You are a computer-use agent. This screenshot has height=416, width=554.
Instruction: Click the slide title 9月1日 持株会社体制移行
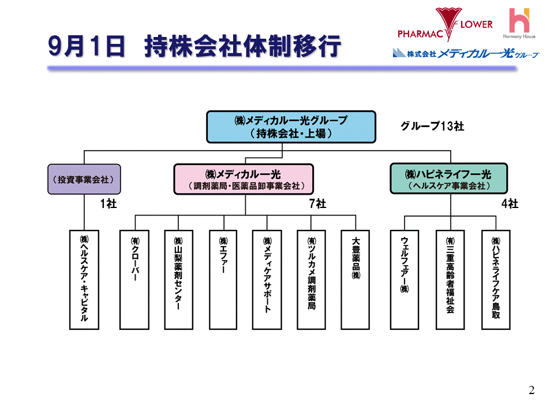(194, 47)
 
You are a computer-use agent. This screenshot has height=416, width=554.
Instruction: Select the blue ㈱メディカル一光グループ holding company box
(291, 127)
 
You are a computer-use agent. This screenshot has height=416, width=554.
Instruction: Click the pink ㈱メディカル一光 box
(243, 179)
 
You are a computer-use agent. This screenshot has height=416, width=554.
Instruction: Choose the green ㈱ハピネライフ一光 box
(448, 179)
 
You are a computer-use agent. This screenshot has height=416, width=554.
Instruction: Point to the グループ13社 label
(432, 127)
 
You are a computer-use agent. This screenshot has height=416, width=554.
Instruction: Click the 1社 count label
(108, 203)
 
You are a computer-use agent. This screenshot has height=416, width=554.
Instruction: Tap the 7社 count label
(318, 203)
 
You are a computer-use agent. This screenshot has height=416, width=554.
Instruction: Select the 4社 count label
(510, 203)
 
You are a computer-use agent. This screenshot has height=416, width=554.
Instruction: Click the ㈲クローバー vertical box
(134, 280)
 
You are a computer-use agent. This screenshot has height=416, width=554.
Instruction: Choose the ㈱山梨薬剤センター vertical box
(178, 280)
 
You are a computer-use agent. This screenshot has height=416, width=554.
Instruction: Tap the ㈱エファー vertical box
(223, 280)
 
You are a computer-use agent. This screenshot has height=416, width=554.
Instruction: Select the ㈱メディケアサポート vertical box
(267, 280)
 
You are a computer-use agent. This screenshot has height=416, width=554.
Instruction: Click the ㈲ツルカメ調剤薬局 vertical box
(312, 280)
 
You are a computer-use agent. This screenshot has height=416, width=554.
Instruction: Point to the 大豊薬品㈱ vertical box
(355, 280)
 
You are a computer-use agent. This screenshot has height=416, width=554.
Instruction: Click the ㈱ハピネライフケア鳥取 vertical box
(496, 280)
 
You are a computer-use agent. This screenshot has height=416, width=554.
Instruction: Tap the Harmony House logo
(522, 24)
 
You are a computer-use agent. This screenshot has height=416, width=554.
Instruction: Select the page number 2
(531, 391)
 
